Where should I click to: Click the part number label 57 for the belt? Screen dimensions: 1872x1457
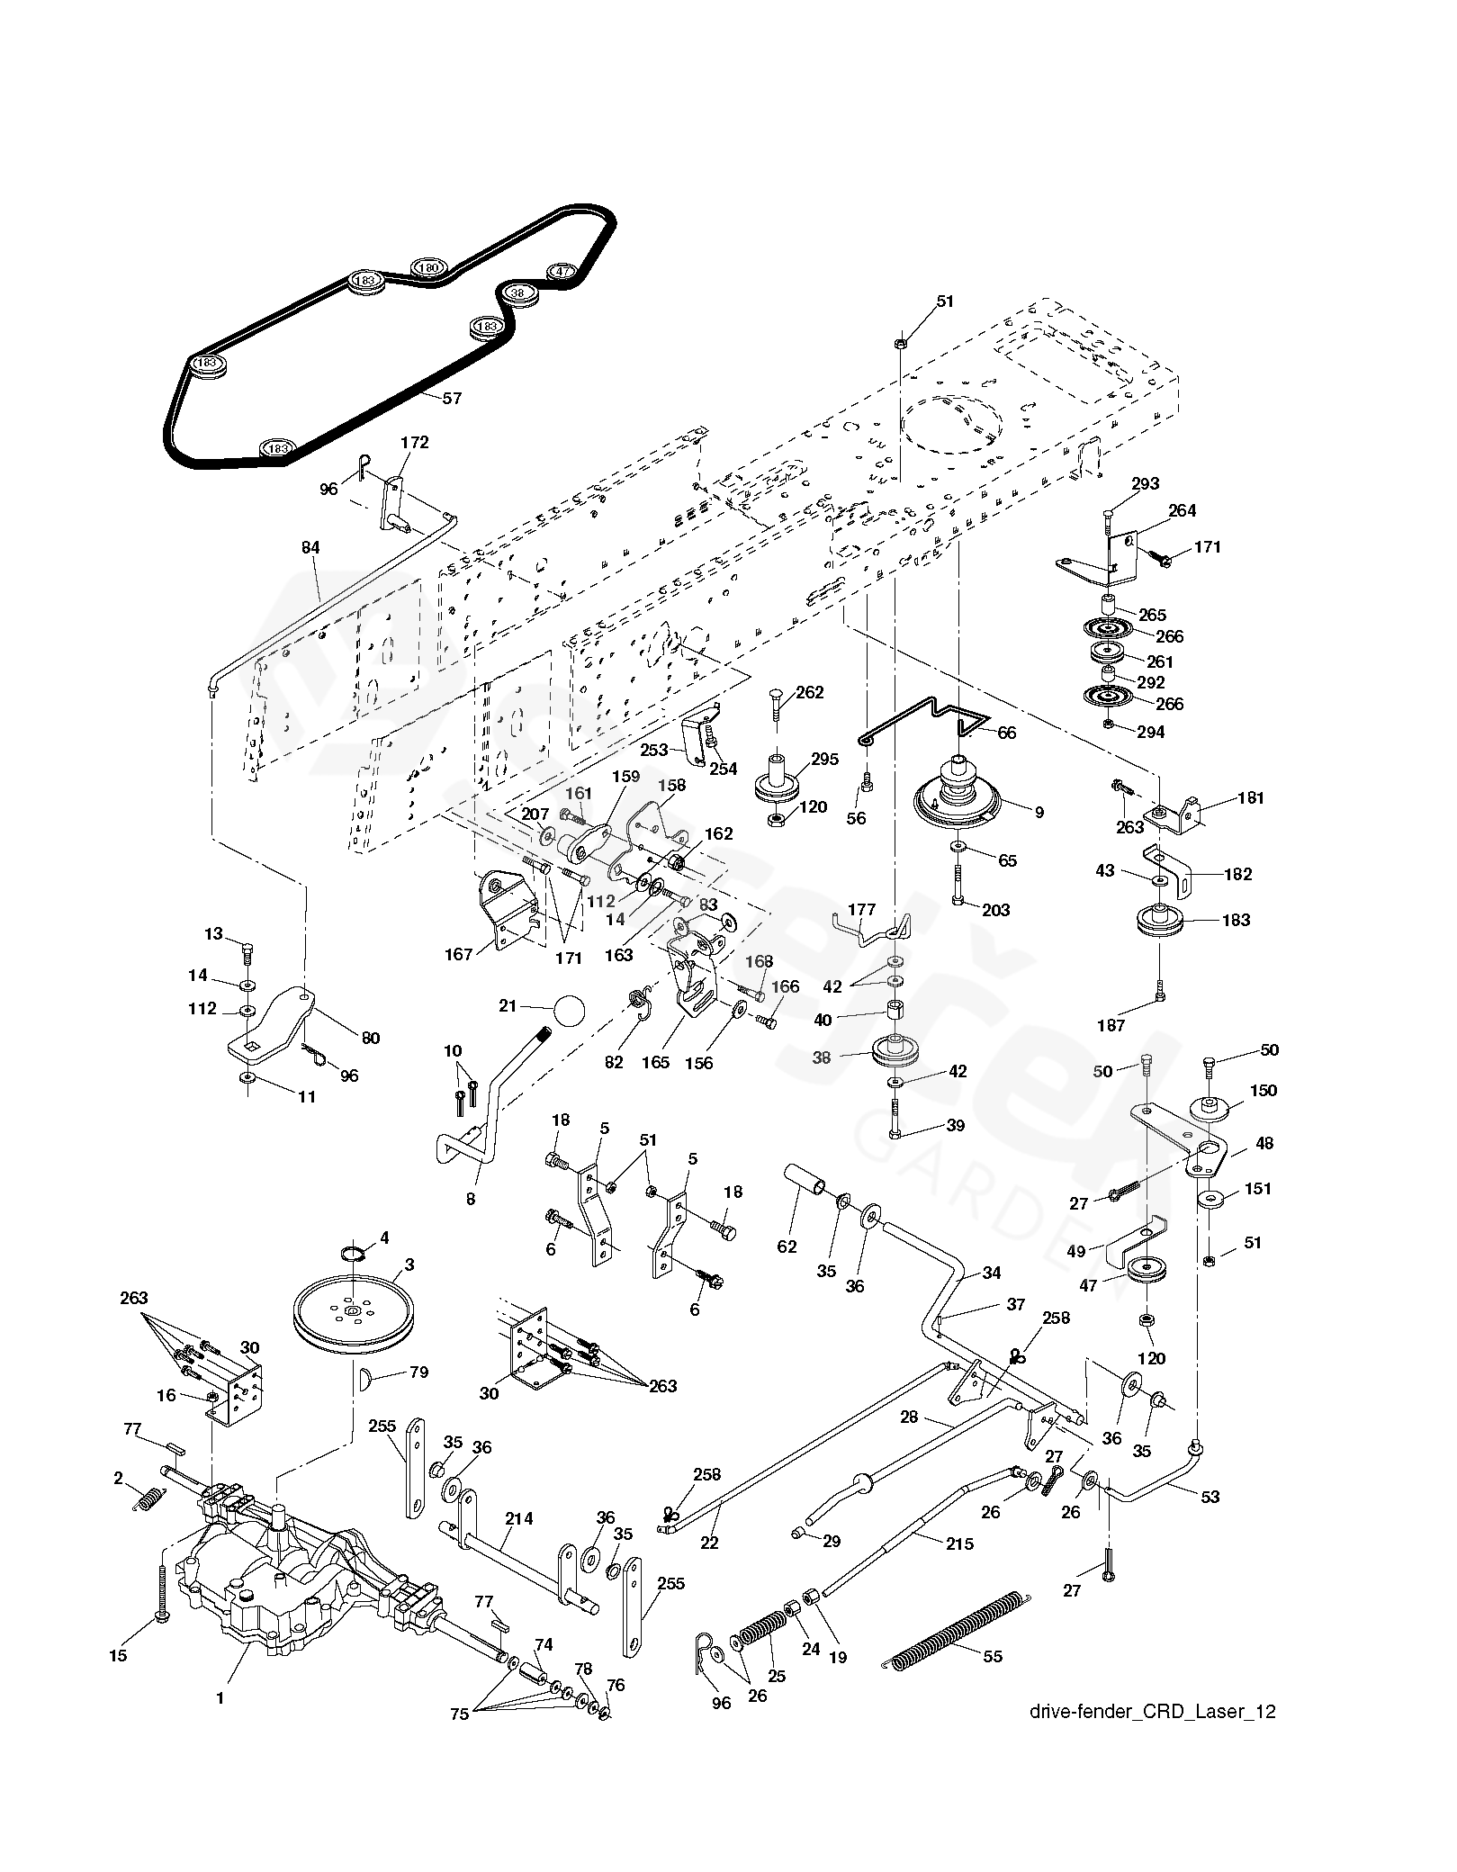452,398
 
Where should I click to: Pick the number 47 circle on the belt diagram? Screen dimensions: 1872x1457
562,271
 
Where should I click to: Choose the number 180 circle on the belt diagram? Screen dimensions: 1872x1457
429,267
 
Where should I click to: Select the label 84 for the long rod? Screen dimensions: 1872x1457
310,547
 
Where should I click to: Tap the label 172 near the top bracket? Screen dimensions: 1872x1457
415,442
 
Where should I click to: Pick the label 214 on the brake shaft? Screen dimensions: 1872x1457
519,1518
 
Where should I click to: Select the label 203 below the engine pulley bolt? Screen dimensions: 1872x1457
996,910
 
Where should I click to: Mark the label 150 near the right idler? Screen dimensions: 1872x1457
1263,1090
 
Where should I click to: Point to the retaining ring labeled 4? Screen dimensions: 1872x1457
355,1253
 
